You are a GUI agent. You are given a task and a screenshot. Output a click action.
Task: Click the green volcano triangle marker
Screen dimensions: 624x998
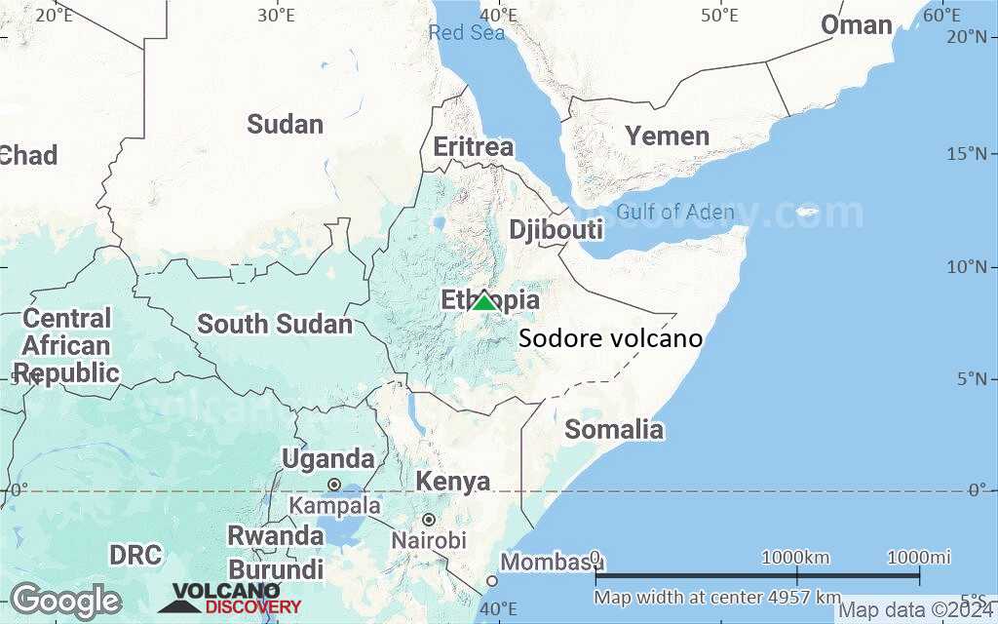click(484, 301)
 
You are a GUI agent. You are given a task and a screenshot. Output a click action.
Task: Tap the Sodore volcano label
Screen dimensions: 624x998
click(610, 339)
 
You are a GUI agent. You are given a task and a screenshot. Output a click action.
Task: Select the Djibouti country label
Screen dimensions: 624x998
click(556, 230)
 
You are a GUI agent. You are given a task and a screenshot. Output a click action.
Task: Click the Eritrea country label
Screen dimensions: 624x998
click(473, 147)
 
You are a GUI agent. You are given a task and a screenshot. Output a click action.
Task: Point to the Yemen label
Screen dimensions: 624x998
click(667, 136)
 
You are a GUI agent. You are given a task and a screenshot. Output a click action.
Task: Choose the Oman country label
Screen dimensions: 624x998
click(856, 25)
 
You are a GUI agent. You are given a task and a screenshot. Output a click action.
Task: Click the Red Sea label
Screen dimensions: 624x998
click(467, 33)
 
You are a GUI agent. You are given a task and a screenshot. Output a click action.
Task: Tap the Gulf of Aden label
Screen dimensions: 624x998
click(675, 212)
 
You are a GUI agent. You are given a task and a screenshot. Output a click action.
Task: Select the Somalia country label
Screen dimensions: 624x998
click(614, 429)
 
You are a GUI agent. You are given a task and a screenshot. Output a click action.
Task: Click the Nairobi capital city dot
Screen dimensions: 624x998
click(428, 520)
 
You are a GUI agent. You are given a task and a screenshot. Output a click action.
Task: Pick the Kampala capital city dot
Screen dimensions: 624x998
click(333, 485)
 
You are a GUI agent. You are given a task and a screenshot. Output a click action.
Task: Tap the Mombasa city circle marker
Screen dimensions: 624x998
click(492, 581)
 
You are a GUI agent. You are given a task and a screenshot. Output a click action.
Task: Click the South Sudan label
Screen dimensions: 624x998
click(275, 324)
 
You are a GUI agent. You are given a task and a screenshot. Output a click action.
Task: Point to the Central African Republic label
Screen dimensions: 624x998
click(66, 345)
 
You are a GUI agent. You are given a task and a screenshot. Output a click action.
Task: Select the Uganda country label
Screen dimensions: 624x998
click(327, 458)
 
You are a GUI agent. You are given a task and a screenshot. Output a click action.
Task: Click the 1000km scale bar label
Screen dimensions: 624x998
click(795, 557)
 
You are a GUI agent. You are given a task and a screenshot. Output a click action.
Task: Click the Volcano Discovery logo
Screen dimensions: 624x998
click(230, 598)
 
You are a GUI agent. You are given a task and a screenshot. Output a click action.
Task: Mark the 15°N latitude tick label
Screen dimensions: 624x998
click(972, 153)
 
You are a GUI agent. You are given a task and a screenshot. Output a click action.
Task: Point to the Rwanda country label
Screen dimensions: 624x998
click(275, 535)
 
